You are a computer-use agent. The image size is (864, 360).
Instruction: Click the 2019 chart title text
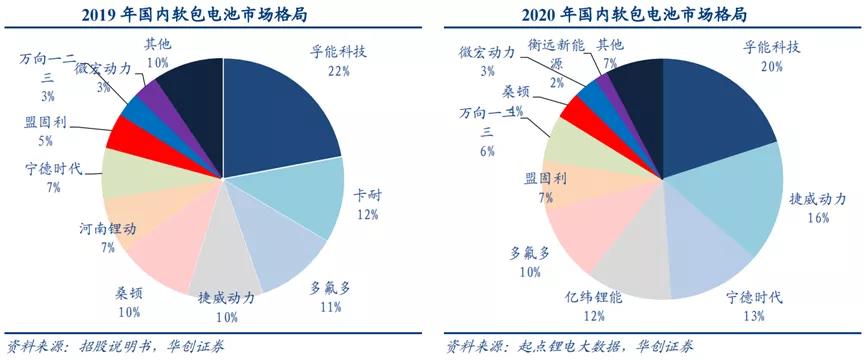coord(214,15)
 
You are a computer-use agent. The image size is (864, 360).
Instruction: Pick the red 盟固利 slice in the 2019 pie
coord(130,131)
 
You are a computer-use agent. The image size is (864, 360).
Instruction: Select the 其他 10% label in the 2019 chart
coord(158,53)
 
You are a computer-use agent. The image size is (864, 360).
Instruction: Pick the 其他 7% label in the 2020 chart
coord(611,53)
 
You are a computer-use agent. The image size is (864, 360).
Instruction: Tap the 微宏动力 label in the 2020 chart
coord(487,60)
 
